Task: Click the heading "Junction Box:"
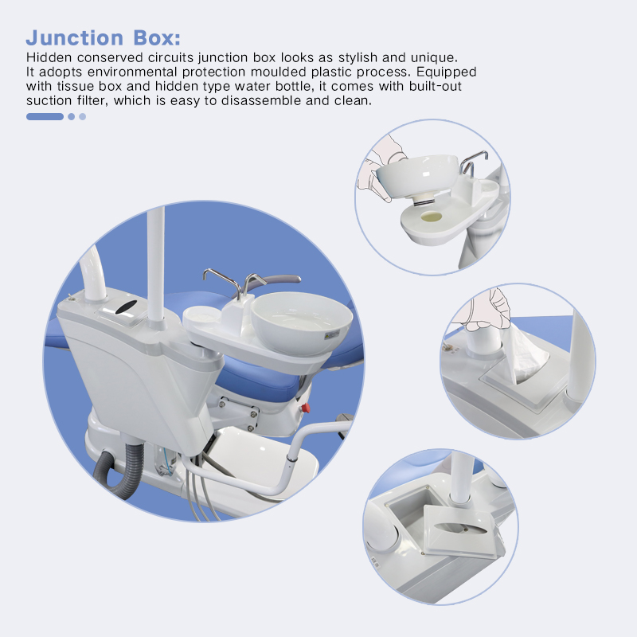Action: click(x=104, y=37)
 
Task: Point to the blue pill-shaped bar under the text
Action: click(x=45, y=116)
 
